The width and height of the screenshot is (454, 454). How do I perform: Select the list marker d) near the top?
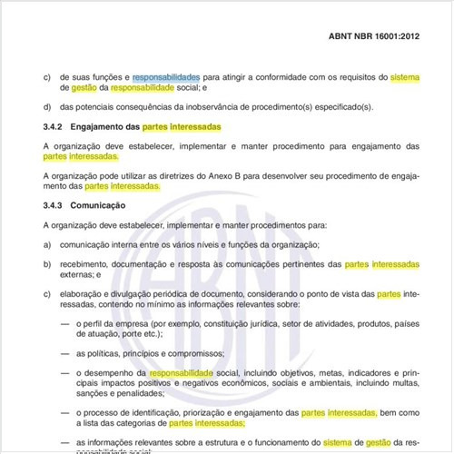(x=47, y=107)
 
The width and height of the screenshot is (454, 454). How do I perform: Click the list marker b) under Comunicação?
(x=47, y=264)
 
